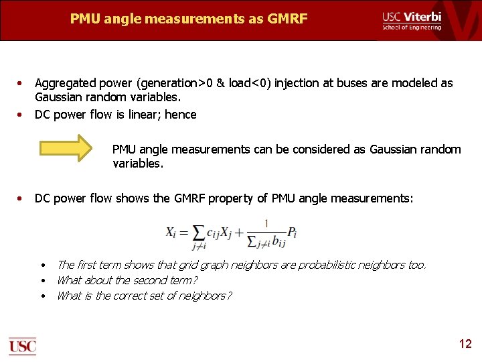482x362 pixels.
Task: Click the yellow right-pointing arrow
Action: pyautogui.click(x=65, y=148)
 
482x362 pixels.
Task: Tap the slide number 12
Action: pyautogui.click(x=465, y=344)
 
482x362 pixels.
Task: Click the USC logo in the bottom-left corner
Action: pyautogui.click(x=22, y=346)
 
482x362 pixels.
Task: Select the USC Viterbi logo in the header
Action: pyautogui.click(x=412, y=20)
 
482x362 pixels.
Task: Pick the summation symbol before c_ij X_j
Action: pyautogui.click(x=198, y=233)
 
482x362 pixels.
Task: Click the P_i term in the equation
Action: pyautogui.click(x=291, y=233)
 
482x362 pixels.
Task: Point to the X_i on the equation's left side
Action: pyautogui.click(x=171, y=232)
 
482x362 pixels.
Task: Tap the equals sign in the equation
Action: pyautogui.click(x=183, y=233)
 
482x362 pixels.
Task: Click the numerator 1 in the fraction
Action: pyautogui.click(x=266, y=223)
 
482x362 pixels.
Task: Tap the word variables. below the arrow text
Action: pyautogui.click(x=138, y=163)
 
